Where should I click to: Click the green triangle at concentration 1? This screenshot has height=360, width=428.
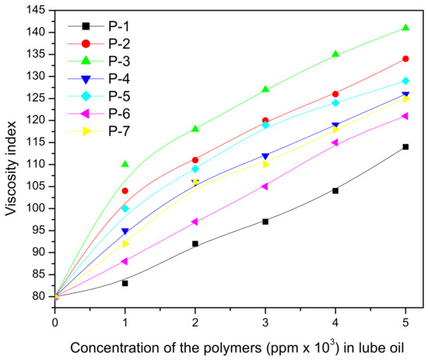(x=125, y=164)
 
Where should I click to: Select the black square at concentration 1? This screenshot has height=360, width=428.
(x=125, y=283)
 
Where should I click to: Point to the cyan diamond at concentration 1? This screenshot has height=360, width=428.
(x=125, y=208)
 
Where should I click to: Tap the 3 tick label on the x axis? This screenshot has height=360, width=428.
(x=265, y=320)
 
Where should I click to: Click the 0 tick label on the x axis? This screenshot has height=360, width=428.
(x=54, y=320)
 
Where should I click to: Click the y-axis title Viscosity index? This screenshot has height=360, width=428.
(x=11, y=164)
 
